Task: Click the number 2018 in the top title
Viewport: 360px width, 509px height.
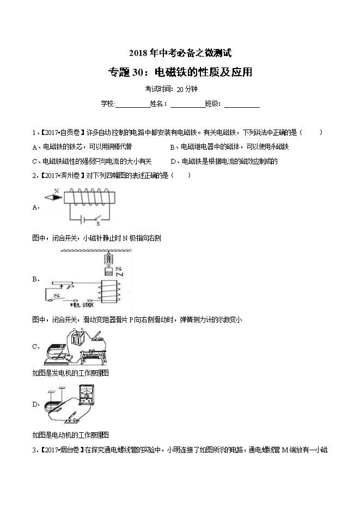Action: click(137, 53)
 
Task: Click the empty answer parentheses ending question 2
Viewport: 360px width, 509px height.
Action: click(181, 175)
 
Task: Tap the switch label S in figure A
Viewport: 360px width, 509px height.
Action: click(98, 223)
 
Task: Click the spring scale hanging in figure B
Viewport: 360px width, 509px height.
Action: click(108, 258)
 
